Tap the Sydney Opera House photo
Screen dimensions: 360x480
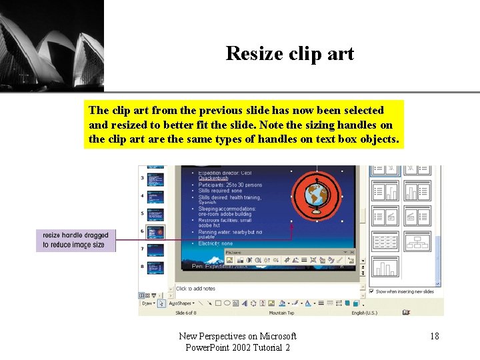[51, 45]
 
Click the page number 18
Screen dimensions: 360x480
[434, 336]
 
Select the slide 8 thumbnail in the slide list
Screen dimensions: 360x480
[155, 265]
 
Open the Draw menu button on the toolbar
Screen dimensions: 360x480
[147, 303]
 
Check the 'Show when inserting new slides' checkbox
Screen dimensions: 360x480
[371, 291]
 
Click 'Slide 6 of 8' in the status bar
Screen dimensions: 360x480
[189, 313]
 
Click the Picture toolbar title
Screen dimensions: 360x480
[234, 253]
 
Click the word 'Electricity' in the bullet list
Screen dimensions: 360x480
[212, 244]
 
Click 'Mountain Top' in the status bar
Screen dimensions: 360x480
[281, 313]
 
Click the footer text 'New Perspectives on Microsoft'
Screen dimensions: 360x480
[238, 336]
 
